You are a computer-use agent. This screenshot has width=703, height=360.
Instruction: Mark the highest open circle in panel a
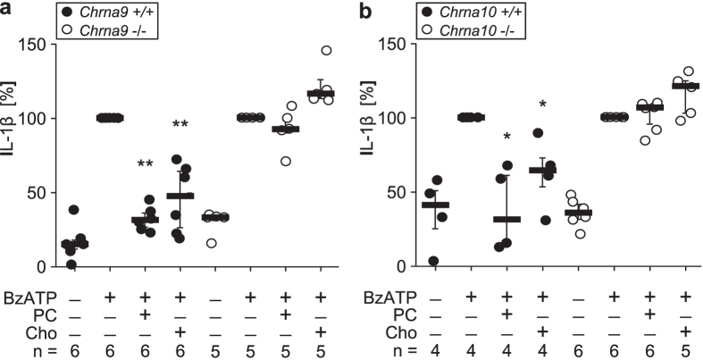(326, 50)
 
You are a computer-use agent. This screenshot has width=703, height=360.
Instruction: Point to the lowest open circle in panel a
(211, 243)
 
